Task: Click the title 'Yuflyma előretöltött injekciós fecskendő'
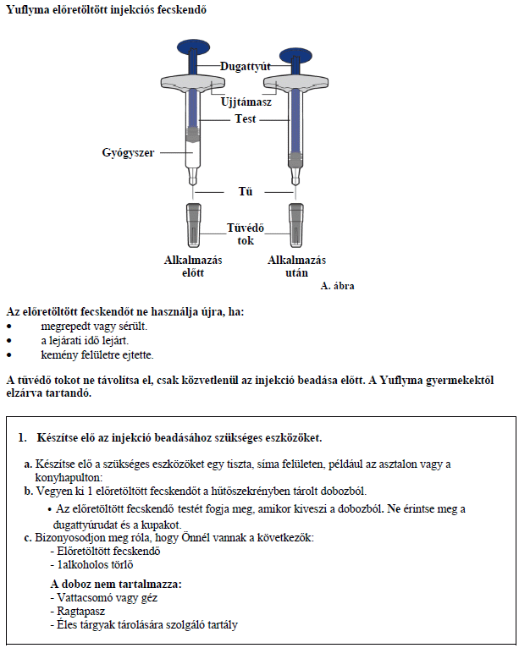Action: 105,10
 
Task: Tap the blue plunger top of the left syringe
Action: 194,46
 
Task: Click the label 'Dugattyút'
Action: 245,65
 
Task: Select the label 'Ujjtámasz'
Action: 246,102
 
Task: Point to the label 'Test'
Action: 246,119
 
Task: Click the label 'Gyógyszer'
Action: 128,152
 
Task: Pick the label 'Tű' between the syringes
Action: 246,191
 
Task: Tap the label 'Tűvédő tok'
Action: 246,233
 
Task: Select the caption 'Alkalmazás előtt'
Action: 193,266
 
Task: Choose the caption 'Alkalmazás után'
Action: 296,266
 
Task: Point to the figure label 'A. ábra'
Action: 337,286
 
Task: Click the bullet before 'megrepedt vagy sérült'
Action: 9,326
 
